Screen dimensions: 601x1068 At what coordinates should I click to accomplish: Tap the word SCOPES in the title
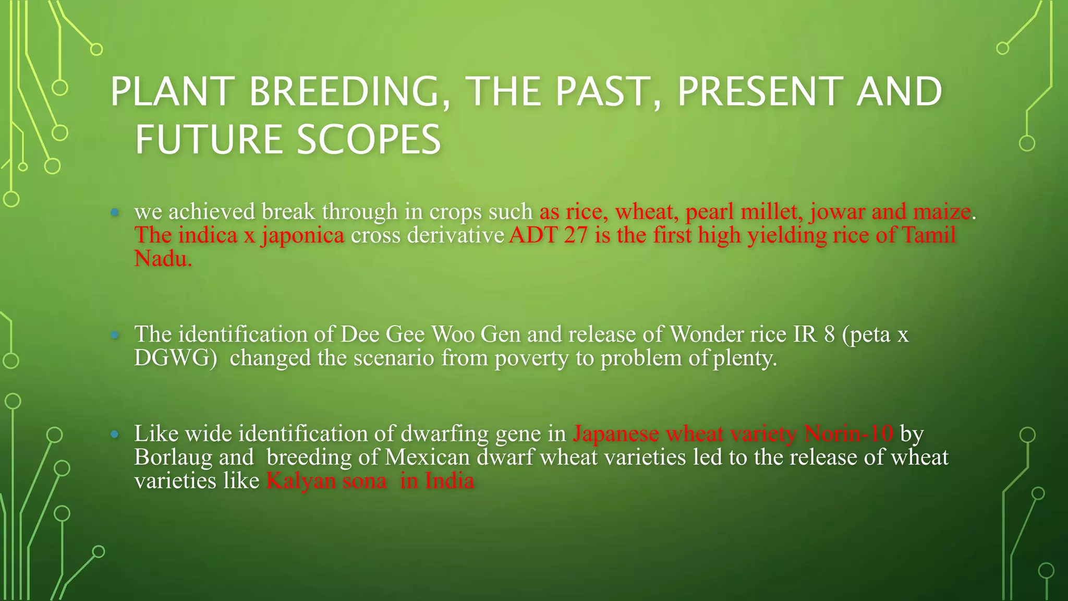coord(369,140)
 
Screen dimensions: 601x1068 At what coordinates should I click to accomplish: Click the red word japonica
coord(303,236)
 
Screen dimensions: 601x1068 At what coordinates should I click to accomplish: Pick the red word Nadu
coord(162,259)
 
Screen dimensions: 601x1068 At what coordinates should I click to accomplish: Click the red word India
coord(449,481)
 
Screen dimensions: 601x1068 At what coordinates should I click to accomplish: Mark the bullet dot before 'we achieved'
coord(115,212)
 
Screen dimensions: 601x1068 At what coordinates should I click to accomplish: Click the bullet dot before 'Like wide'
coord(115,434)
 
